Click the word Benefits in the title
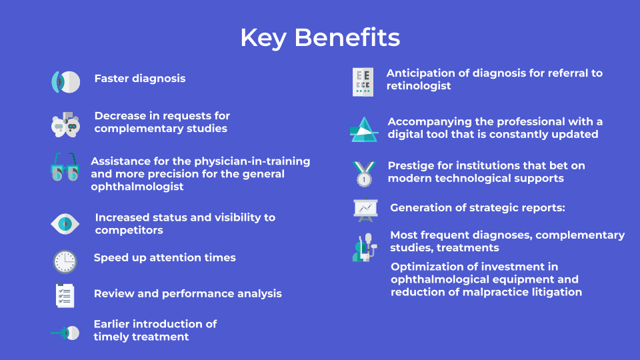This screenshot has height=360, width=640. pos(347,37)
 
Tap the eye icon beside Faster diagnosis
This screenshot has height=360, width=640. pos(65,81)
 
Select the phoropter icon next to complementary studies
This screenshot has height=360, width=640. pos(65,125)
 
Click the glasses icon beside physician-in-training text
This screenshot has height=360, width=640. pos(65,167)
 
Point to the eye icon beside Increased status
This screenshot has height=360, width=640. pos(65,224)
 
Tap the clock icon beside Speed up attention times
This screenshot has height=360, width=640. pos(65,261)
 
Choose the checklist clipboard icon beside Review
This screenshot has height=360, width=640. pos(65,295)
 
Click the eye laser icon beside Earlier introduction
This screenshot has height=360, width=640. pos(65,333)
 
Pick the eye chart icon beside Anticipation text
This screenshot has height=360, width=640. pos(363,82)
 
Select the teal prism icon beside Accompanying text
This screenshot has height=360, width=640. pos(364,129)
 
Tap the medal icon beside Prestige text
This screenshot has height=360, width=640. pos(364,174)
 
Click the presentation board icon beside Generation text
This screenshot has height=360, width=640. pos(365,210)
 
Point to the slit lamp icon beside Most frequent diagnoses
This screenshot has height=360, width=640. pos(365,247)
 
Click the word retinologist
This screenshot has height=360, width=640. pos(419,86)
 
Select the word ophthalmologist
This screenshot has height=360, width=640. pos(137,187)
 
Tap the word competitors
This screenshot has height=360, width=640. pos(129,230)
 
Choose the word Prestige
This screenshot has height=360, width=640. pos(411,166)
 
